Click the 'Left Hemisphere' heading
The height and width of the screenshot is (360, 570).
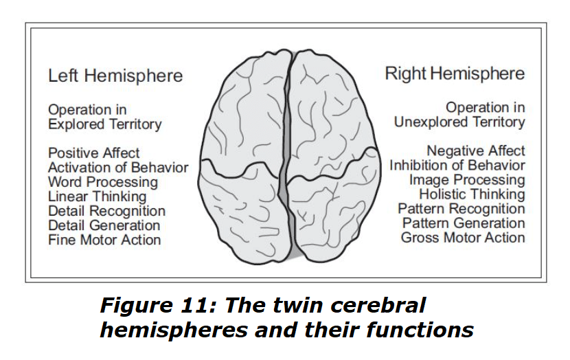point(115,76)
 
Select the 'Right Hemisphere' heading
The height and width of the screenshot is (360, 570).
point(455,74)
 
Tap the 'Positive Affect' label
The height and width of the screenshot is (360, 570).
point(94,153)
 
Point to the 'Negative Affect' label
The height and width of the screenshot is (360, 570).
point(476,150)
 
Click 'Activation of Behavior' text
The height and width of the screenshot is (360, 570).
point(118,168)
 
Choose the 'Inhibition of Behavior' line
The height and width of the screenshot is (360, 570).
point(457,166)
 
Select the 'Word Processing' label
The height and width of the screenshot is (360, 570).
point(103,182)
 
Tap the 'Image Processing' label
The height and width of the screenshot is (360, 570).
point(466,180)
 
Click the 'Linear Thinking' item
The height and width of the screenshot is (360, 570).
point(98,196)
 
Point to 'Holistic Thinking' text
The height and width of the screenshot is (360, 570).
point(472,194)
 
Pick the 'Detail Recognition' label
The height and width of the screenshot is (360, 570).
point(107,211)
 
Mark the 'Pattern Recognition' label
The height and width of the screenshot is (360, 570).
point(461,209)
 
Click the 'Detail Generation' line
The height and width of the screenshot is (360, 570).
point(104,225)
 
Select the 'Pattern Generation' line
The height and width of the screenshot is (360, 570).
point(464,223)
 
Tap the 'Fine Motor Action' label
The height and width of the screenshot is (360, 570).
point(104,240)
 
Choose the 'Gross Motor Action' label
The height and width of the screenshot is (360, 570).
point(463,238)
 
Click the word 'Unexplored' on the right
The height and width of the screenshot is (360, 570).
point(429,122)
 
